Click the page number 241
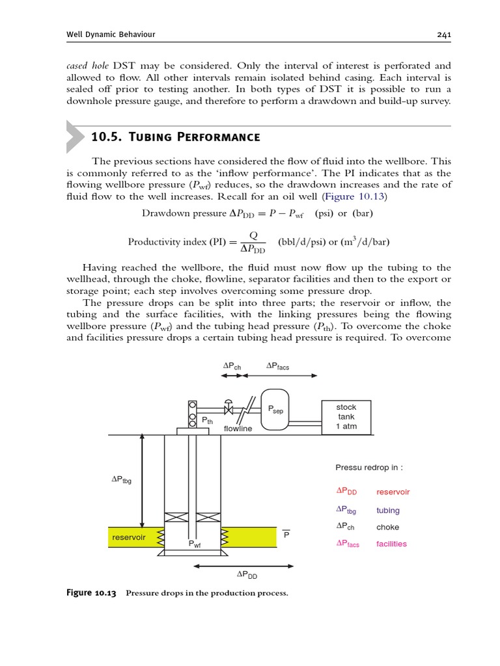[445, 34]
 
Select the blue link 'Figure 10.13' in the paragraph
[361, 196]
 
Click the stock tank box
[346, 417]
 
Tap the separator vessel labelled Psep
[275, 410]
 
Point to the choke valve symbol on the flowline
[229, 409]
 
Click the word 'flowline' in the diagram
[238, 429]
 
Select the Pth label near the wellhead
[207, 421]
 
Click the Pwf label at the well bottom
[195, 544]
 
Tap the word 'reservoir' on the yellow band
[129, 537]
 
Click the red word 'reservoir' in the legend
[393, 492]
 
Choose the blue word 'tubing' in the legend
[388, 511]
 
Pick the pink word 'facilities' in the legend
[391, 544]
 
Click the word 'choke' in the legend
[387, 527]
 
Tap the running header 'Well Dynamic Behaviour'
[111, 34]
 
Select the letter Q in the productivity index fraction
[253, 235]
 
